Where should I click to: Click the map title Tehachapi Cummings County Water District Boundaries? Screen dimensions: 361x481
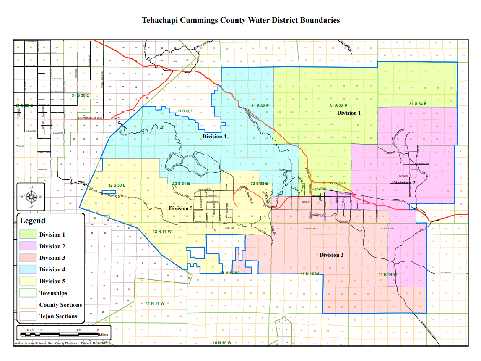click(x=240, y=20)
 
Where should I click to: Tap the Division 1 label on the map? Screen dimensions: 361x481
click(x=348, y=113)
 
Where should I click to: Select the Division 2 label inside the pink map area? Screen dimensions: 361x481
click(x=403, y=182)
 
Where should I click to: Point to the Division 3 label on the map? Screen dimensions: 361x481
click(x=331, y=255)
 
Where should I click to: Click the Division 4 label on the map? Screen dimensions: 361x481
click(x=214, y=136)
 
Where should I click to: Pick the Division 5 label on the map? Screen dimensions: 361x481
click(x=181, y=208)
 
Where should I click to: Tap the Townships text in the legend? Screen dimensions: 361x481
click(x=53, y=293)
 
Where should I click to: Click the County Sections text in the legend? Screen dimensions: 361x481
click(x=60, y=305)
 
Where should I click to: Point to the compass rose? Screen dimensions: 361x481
click(x=30, y=196)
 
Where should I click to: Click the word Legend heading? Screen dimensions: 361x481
click(x=33, y=221)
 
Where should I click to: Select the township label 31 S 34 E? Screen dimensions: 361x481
click(x=418, y=103)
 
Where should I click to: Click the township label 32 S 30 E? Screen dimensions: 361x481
click(x=117, y=185)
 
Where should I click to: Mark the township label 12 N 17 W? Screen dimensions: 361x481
click(x=161, y=232)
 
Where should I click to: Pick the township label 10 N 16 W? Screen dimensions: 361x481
click(x=222, y=343)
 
